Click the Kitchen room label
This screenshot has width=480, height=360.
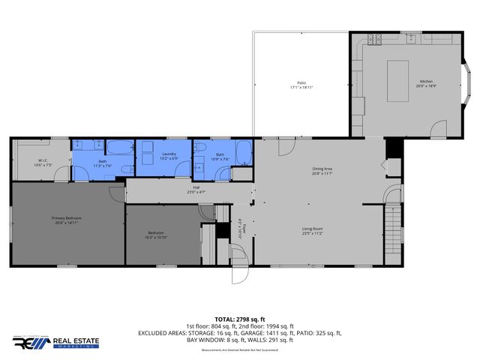click(426, 81)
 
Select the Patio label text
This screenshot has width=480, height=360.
click(301, 82)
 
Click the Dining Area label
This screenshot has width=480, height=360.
click(322, 169)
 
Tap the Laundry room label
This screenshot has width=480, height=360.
click(168, 154)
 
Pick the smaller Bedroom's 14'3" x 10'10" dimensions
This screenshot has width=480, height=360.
click(157, 237)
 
